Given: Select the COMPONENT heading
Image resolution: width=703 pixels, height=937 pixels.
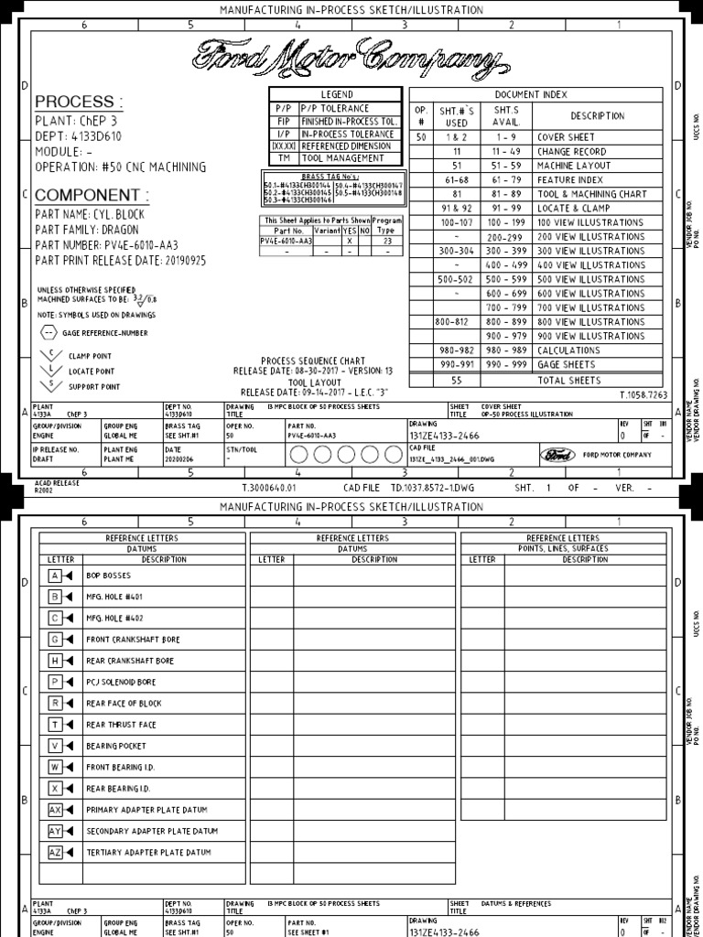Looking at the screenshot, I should tap(92, 195).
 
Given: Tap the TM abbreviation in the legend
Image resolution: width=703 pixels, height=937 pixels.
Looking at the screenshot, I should tap(283, 158).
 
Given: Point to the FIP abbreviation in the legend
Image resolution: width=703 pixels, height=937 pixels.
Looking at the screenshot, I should tap(283, 120).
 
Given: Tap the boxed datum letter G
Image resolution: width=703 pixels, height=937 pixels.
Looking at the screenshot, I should tap(55, 639).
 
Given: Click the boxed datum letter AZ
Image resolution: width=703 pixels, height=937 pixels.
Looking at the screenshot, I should tap(55, 852).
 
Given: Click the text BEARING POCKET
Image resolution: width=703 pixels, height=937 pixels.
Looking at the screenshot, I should tap(115, 746).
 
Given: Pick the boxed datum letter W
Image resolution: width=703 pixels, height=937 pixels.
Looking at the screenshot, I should tap(55, 767).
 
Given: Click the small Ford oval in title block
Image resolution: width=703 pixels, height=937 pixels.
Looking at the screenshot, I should tap(556, 455).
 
